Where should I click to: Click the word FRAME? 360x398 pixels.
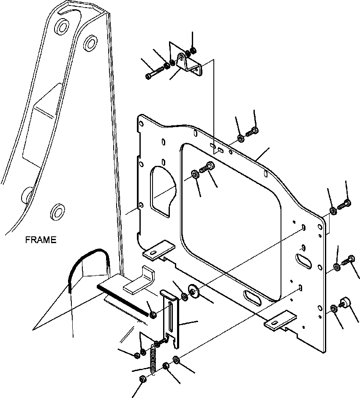pos(40,240)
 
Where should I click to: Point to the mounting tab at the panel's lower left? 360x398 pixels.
pos(158,251)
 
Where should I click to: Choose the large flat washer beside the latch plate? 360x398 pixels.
pos(195,291)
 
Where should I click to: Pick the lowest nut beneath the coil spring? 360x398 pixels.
pos(142,380)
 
